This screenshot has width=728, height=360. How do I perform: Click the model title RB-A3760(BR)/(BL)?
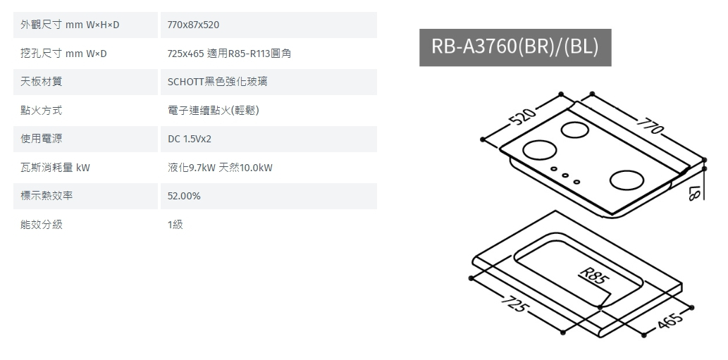pos(515,47)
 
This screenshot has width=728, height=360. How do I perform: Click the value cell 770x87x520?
pos(194,25)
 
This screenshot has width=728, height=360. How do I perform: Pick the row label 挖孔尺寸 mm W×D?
pos(63,54)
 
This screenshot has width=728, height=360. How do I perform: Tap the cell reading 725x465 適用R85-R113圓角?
pos(229,54)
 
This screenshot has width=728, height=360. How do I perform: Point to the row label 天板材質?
pos(42,82)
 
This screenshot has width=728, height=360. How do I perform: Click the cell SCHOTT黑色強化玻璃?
pos(218,82)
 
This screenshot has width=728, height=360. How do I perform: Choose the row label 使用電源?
pos(42,139)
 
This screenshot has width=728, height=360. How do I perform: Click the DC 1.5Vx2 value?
pos(190,139)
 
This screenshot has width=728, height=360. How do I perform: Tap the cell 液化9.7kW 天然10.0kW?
pos(220,168)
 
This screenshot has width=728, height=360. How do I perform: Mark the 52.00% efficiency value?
pos(184,196)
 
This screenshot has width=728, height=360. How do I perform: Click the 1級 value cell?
pos(175,225)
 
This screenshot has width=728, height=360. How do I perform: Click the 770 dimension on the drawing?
pos(650,125)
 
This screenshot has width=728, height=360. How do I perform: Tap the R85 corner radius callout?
pos(593,275)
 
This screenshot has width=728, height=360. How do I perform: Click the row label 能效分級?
pos(42,225)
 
